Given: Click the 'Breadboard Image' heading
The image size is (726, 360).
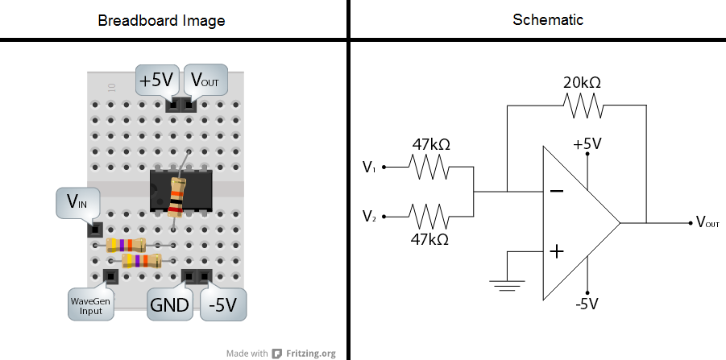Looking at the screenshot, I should click(x=161, y=20).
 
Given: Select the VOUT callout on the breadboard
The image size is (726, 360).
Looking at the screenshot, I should click(x=205, y=81).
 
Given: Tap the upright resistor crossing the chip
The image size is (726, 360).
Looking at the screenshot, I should click(x=176, y=197).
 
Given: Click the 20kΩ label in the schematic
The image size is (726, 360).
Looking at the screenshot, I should click(x=582, y=82).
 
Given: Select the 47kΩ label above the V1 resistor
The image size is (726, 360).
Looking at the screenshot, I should click(x=430, y=145).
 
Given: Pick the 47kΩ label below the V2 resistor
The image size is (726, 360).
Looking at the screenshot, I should click(x=429, y=239).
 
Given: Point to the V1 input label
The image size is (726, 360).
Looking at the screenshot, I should click(x=369, y=168).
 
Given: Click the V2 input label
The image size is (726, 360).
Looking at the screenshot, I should click(x=369, y=217).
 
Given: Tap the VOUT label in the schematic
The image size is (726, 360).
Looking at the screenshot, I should click(x=707, y=222).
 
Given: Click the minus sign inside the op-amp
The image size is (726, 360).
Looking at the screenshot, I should click(x=555, y=192).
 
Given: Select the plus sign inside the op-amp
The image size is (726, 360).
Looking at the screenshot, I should click(x=555, y=252).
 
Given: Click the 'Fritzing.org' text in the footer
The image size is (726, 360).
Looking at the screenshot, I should click(x=310, y=353).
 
